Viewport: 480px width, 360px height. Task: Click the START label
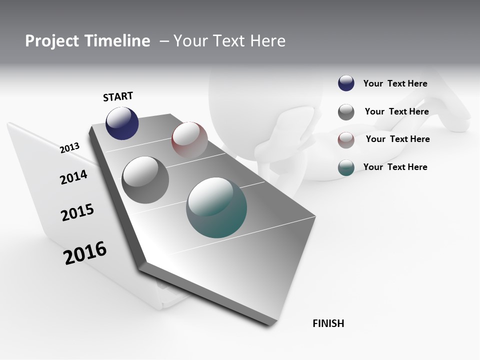pos(118,96)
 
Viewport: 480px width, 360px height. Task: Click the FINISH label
pos(328,323)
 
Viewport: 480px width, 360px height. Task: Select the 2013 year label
pos(69,147)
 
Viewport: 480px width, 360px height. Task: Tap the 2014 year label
pos(73,177)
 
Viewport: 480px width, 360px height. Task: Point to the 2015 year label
pos(77,212)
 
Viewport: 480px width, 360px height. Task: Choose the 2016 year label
pos(85,253)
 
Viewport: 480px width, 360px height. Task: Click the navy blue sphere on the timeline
pos(122,123)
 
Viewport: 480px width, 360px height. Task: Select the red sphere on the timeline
pos(189,139)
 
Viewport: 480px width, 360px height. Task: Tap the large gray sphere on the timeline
pos(145,180)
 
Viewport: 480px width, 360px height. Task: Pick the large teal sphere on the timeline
pos(216,207)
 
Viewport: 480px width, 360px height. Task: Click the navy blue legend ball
pos(346,83)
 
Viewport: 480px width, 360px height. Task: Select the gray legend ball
pos(346,112)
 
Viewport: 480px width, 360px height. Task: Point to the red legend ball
pos(346,140)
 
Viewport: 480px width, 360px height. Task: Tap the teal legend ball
pos(346,167)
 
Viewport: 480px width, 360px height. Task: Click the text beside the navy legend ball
pos(395,83)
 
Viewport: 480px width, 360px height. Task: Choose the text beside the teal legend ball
pos(395,167)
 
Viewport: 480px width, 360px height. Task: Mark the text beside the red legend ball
pos(397,139)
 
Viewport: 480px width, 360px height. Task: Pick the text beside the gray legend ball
pos(396,111)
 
